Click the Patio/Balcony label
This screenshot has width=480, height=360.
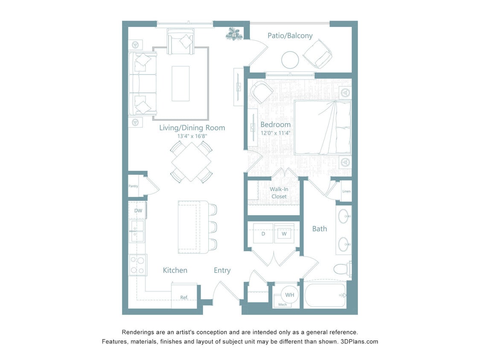[x=290, y=36]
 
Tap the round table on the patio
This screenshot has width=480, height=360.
[x=290, y=60]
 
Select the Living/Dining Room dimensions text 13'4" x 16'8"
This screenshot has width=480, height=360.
[x=192, y=136]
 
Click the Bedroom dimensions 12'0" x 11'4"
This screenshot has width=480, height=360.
[x=275, y=133]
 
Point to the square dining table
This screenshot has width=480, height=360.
[x=191, y=162]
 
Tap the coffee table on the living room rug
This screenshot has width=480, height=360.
[x=180, y=84]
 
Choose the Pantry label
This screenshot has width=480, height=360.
[x=133, y=186]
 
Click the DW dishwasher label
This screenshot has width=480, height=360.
[x=138, y=211]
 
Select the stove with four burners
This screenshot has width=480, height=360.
[x=138, y=264]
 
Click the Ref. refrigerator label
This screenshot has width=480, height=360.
[x=184, y=297]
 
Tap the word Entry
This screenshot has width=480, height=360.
[x=222, y=270]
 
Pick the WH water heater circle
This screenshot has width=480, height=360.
[x=289, y=295]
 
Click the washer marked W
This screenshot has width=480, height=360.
[x=284, y=234]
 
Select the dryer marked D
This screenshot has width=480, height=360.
[x=263, y=234]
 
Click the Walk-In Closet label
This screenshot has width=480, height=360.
[x=279, y=193]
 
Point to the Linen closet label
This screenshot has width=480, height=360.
[x=346, y=191]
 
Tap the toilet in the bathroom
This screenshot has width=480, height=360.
[x=342, y=269]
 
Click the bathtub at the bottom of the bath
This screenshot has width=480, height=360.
[x=325, y=295]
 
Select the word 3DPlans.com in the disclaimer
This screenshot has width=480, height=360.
[x=360, y=342]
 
